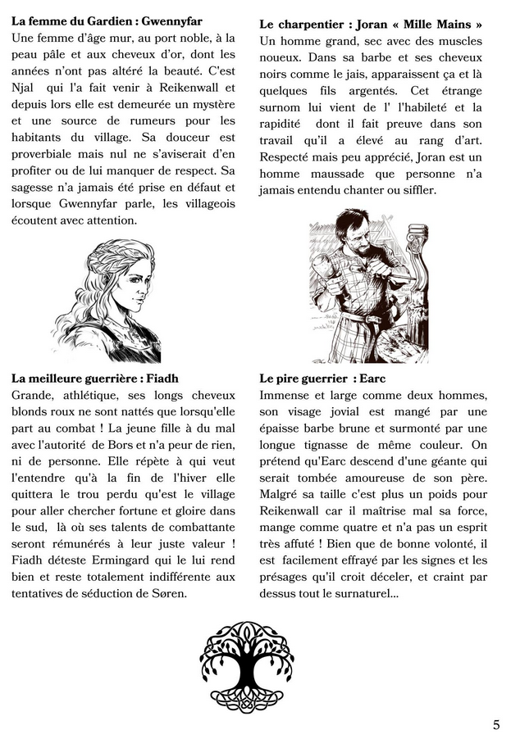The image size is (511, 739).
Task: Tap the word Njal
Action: (25, 87)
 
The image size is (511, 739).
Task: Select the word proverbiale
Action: (45, 153)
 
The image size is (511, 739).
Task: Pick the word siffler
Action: (415, 189)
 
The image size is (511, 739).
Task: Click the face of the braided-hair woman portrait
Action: (133, 283)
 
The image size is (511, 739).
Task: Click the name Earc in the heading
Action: (372, 378)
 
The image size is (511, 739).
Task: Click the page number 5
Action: (496, 724)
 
